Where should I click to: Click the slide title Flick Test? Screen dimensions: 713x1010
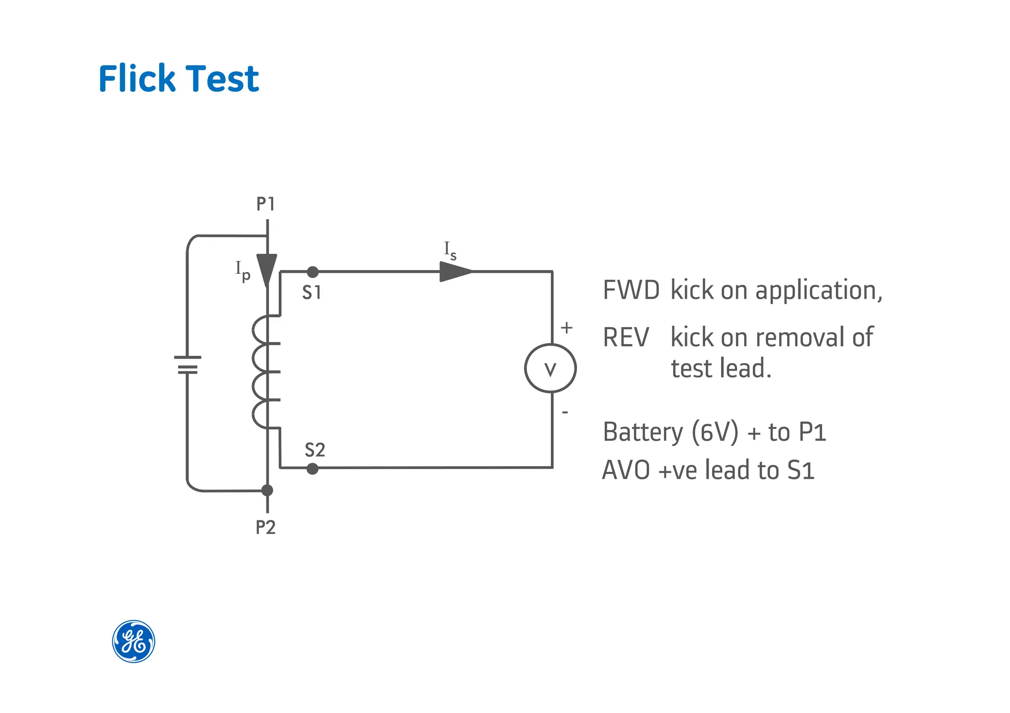coord(179,79)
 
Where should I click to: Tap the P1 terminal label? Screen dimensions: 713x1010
coord(265,204)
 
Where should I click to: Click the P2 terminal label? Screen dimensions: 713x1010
coord(265,528)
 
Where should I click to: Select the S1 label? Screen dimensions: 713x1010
coord(312,293)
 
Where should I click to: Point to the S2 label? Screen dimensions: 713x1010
coord(315,450)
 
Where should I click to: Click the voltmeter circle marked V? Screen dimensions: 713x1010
coord(550,369)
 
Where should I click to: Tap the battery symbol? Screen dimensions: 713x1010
coord(187,365)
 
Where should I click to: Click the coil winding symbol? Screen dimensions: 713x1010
coord(261,372)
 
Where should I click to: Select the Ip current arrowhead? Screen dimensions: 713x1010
coord(267,269)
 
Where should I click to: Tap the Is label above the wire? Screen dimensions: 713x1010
coord(450,251)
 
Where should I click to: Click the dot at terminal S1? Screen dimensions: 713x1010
coord(313,272)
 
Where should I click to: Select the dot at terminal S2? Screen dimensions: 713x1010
coord(312,469)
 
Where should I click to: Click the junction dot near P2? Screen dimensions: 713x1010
coord(267,490)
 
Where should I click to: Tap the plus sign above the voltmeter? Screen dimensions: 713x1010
coord(567,328)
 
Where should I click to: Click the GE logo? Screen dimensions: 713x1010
coord(134,641)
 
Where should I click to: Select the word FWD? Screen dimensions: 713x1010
coord(631,290)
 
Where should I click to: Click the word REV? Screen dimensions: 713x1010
coord(626,338)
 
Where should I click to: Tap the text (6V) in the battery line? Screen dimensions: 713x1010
coord(715,433)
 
